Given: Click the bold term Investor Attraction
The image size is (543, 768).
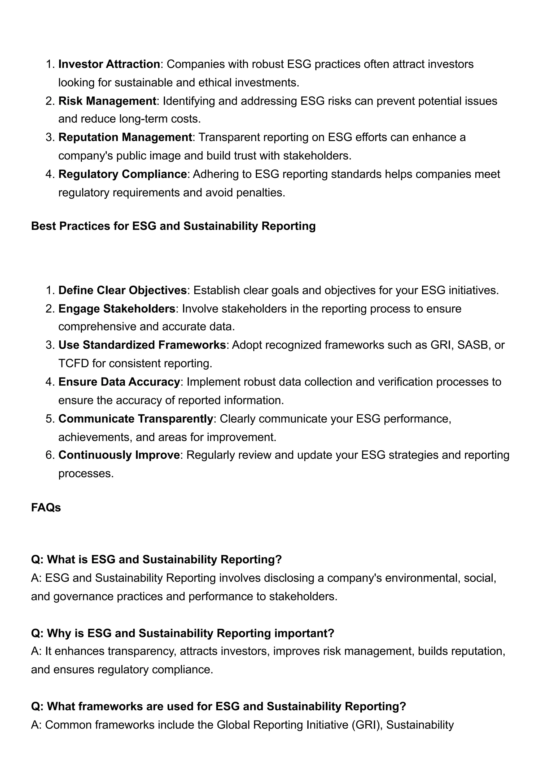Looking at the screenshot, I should tap(109, 64).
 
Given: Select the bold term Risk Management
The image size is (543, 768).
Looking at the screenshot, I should tap(107, 101).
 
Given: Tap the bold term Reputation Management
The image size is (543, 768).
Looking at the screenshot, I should tap(125, 138).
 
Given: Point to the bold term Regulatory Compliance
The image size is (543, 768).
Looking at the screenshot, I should tap(122, 174).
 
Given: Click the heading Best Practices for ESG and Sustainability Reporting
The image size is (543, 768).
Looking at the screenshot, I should tap(173, 226).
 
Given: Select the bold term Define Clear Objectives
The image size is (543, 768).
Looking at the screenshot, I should tap(122, 290).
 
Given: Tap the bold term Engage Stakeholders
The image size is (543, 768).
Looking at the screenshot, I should tap(117, 309).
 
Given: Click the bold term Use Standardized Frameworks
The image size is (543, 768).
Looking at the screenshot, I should tap(142, 345).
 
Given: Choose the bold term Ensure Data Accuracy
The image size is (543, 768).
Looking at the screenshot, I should tap(119, 382).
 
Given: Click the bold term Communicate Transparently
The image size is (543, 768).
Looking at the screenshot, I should tap(136, 419).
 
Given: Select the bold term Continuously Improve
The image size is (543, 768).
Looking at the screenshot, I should tap(119, 455).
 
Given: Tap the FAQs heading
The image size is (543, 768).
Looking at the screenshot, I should tap(46, 508).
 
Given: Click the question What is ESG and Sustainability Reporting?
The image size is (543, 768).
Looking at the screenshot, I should tap(156, 559).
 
